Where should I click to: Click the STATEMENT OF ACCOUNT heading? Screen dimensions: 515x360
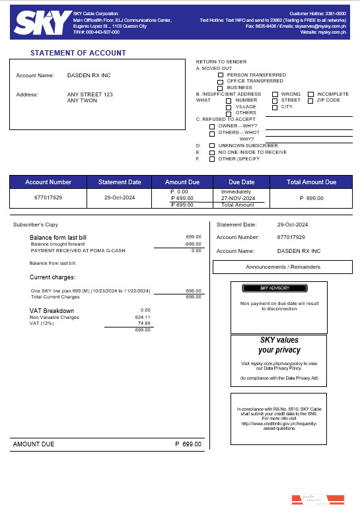(x=78, y=53)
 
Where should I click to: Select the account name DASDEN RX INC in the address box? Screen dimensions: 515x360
(x=89, y=75)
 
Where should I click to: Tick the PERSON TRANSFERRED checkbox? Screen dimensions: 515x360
(x=221, y=75)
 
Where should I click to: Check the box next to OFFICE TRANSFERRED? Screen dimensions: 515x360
(x=221, y=81)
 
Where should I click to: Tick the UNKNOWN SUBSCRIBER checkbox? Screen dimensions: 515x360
(x=211, y=145)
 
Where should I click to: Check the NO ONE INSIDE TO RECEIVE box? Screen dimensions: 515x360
(x=211, y=152)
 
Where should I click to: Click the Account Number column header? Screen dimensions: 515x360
(x=48, y=182)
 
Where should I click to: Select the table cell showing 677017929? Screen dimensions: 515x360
(x=48, y=197)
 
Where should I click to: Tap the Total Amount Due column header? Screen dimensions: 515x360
(x=312, y=182)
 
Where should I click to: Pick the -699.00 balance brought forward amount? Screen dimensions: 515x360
(x=193, y=244)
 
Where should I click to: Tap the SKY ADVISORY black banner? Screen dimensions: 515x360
(x=275, y=289)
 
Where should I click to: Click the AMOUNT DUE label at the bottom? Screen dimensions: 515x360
(x=34, y=444)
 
